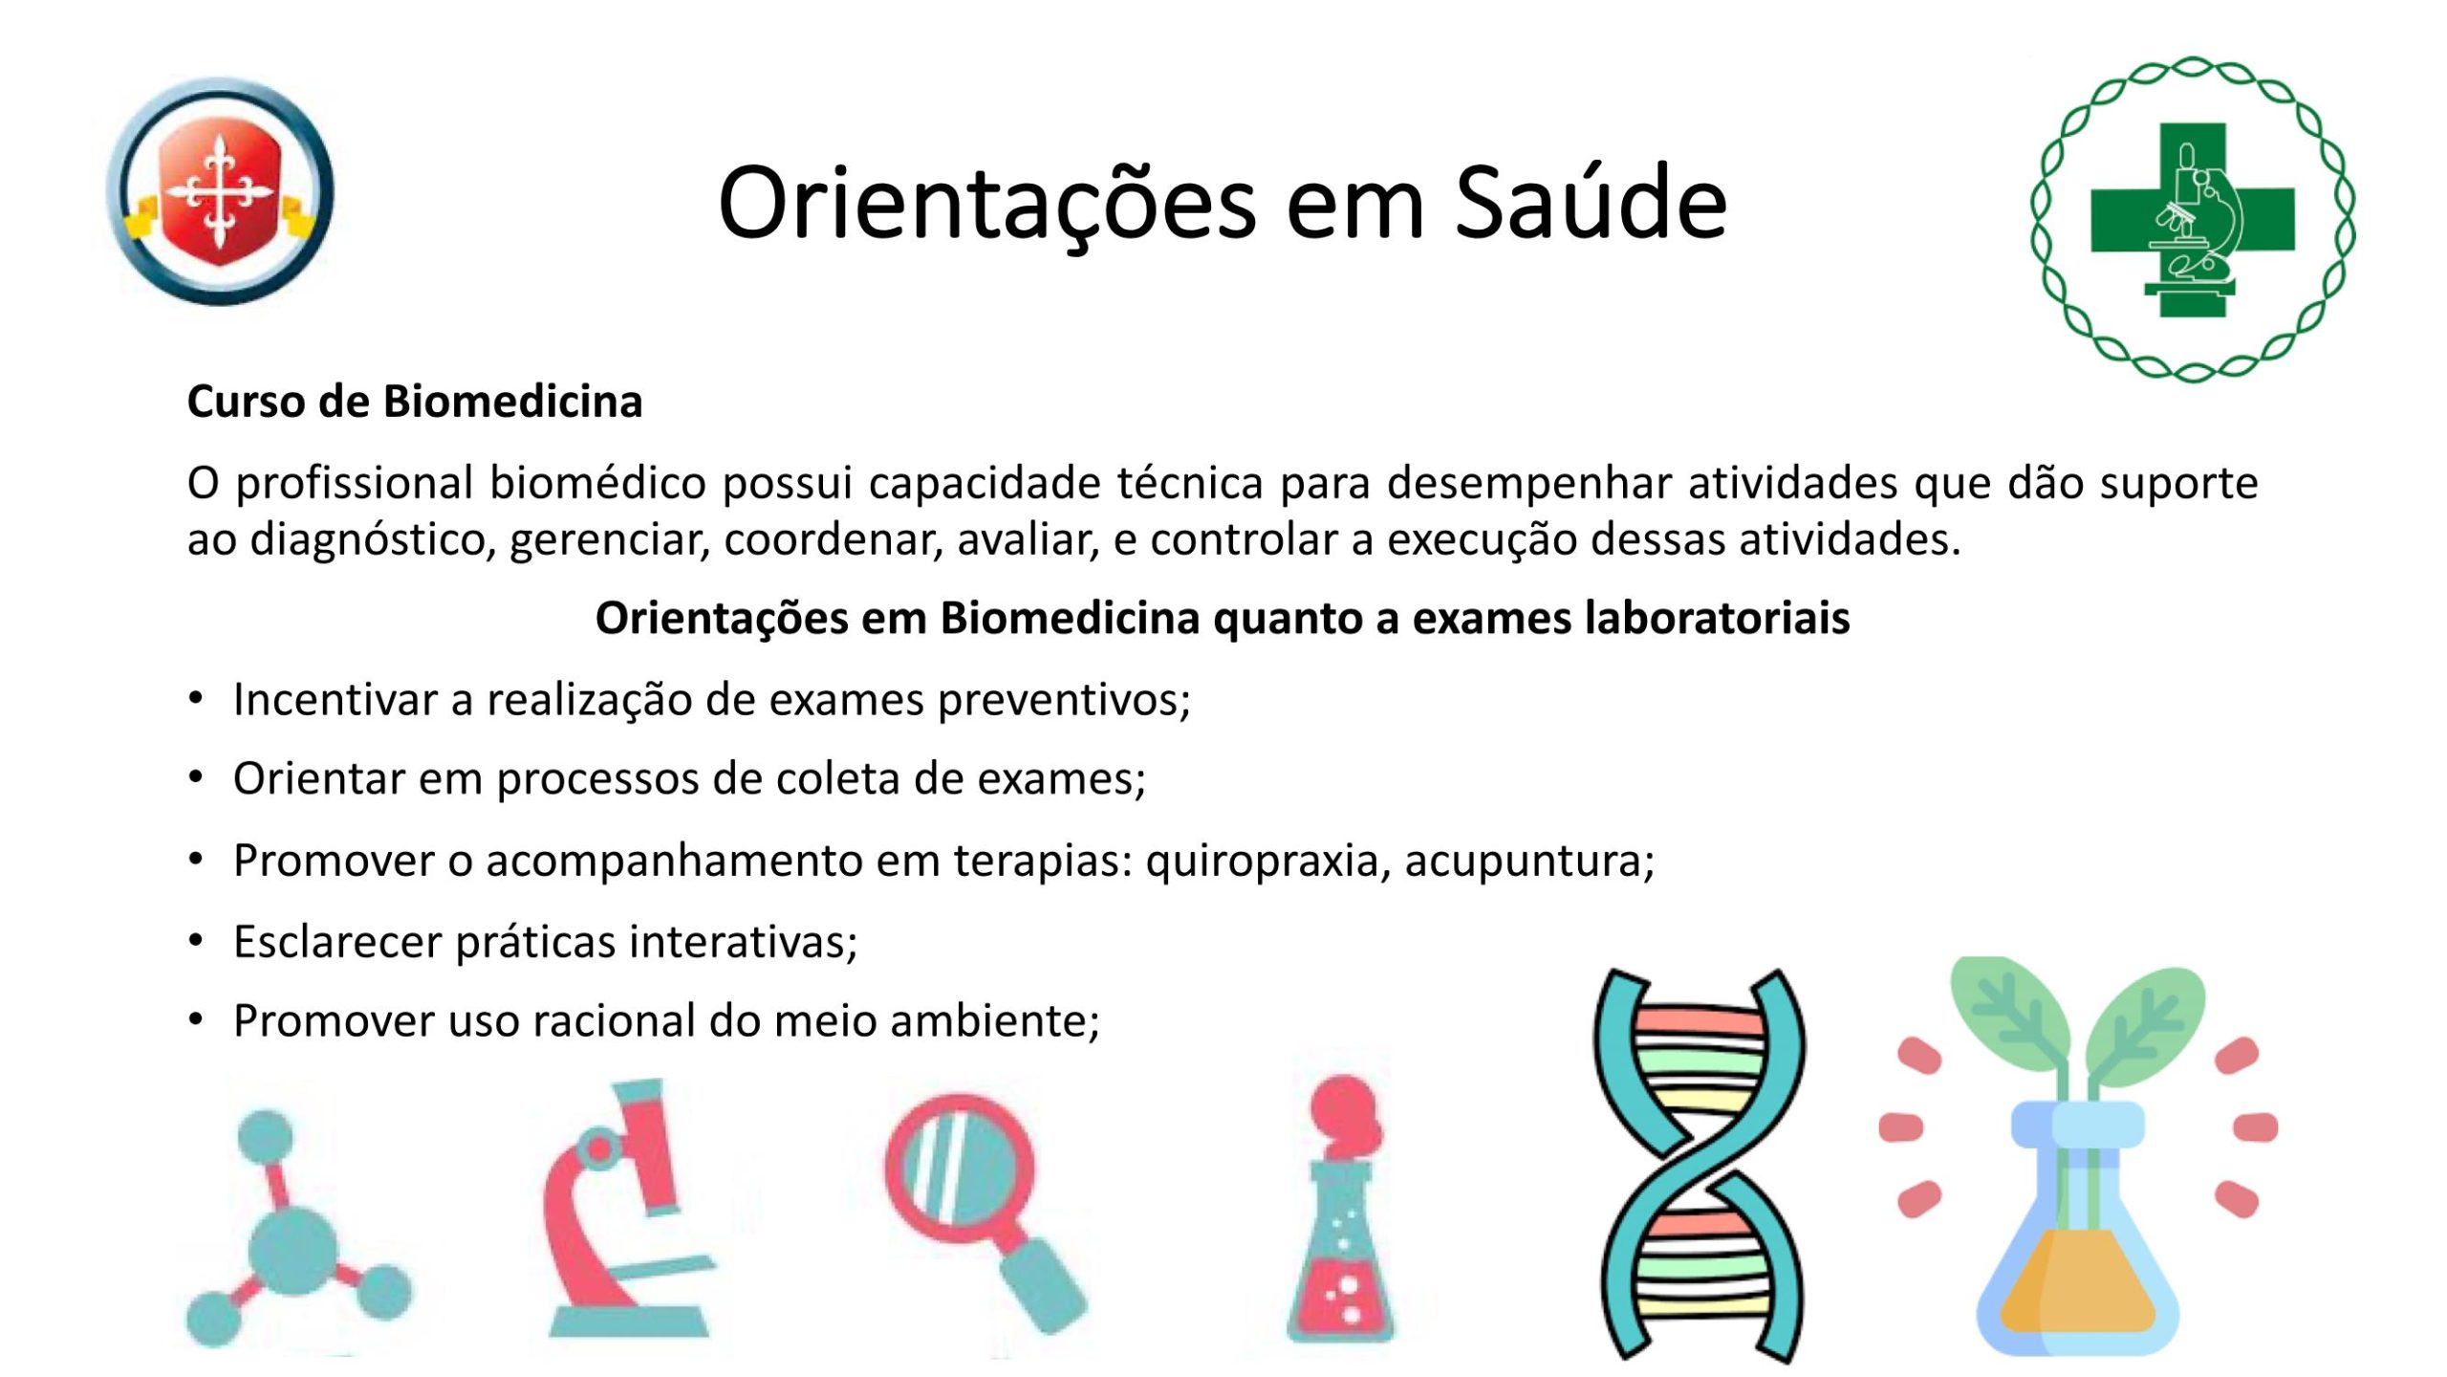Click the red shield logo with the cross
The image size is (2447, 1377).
tap(221, 191)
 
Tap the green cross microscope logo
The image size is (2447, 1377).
tap(2193, 219)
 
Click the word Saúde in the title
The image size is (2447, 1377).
tap(1591, 203)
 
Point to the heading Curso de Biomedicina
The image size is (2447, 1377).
tap(415, 402)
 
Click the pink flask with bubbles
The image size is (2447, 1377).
tap(1341, 1209)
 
